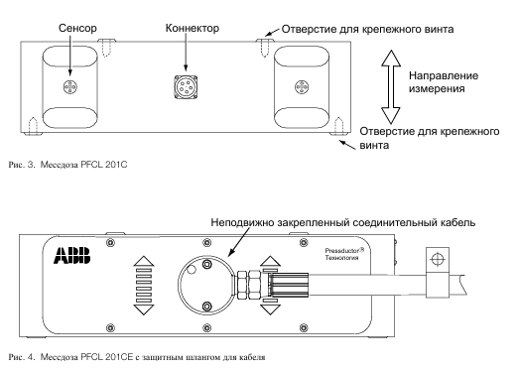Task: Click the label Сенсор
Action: click(x=77, y=28)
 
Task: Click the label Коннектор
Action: click(x=193, y=28)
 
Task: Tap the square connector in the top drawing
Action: click(x=186, y=87)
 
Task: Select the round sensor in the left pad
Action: click(x=70, y=87)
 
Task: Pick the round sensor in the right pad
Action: click(x=302, y=87)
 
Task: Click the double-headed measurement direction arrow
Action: click(x=391, y=87)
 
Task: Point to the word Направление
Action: click(x=444, y=75)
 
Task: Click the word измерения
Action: click(x=437, y=89)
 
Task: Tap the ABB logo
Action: click(x=72, y=255)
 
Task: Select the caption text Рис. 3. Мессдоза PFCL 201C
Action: click(x=67, y=165)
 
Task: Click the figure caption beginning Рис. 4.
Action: click(x=137, y=357)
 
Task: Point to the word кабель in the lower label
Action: click(x=458, y=222)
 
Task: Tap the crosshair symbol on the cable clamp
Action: click(x=437, y=259)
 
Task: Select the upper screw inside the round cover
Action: click(x=207, y=264)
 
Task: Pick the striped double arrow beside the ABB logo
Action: click(x=144, y=285)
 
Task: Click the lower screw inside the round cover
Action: click(x=207, y=307)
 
